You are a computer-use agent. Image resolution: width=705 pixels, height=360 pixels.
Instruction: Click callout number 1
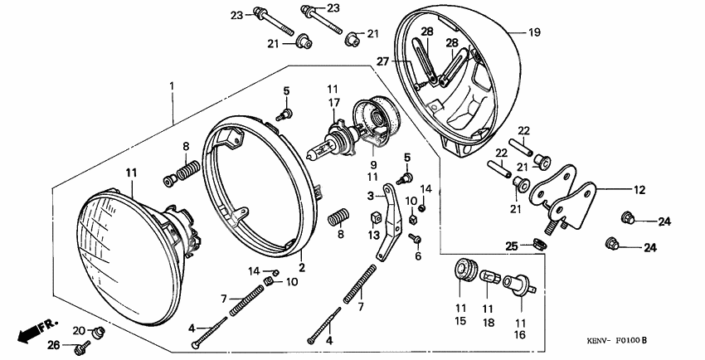[x=172, y=86]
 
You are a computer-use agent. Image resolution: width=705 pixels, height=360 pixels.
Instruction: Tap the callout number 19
[x=534, y=32]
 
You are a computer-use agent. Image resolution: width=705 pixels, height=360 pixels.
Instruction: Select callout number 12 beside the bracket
[x=638, y=189]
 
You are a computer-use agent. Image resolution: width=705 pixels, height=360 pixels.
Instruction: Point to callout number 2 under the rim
[x=302, y=267]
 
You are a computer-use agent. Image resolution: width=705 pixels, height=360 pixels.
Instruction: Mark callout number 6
[x=418, y=256]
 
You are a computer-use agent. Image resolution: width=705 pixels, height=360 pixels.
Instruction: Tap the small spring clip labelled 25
[x=538, y=244]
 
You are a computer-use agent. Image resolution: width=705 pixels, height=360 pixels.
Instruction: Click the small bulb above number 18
[x=489, y=276]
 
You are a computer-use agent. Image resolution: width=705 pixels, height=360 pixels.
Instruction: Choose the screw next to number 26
[x=84, y=344]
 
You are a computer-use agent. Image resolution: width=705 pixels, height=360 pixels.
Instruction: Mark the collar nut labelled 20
[x=97, y=332]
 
